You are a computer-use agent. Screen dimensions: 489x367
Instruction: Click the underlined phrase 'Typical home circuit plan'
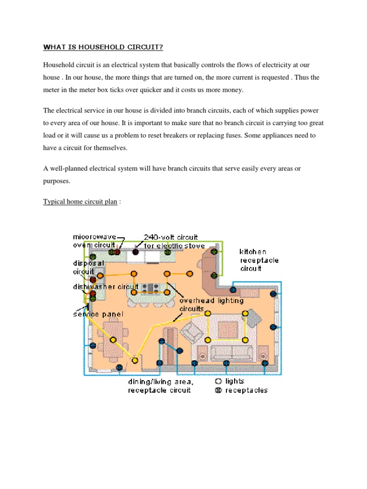80,202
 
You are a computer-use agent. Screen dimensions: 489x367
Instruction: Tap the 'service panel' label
98,314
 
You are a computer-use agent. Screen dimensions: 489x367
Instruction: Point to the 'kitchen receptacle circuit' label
259,260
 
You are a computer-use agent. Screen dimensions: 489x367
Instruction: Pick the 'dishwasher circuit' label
105,287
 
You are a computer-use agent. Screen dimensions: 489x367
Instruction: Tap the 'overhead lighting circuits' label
211,305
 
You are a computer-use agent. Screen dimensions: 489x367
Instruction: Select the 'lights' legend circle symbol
218,381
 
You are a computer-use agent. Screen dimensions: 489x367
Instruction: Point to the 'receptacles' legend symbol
218,390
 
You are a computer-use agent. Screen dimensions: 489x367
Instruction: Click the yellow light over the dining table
113,340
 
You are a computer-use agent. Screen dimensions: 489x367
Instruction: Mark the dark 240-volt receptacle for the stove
135,252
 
